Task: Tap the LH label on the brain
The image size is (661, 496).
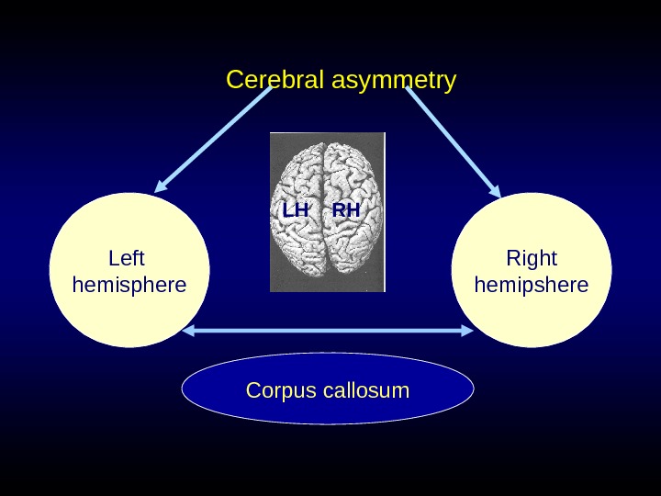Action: pyautogui.click(x=296, y=211)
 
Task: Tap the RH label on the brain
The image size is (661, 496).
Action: pyautogui.click(x=346, y=211)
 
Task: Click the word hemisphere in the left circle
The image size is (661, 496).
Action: pyautogui.click(x=129, y=285)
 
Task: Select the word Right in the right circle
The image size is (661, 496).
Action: pyautogui.click(x=532, y=258)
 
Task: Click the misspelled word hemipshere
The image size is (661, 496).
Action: pyautogui.click(x=532, y=285)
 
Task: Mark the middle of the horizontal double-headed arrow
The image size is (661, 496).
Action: pyautogui.click(x=328, y=331)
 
